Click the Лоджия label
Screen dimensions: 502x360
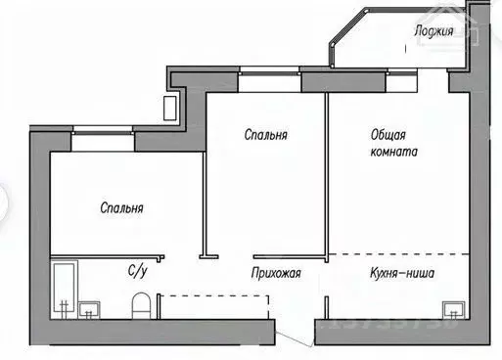pyautogui.click(x=434, y=32)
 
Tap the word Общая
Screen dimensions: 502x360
pyautogui.click(x=388, y=135)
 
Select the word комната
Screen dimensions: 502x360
pyautogui.click(x=394, y=152)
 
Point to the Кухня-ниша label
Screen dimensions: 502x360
pyautogui.click(x=402, y=273)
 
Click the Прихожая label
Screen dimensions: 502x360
pyautogui.click(x=276, y=273)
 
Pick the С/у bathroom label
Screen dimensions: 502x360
pyautogui.click(x=137, y=271)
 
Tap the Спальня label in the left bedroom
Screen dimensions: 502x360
pyautogui.click(x=121, y=208)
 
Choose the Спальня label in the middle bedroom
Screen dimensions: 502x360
pyautogui.click(x=266, y=135)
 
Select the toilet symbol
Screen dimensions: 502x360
pyautogui.click(x=141, y=305)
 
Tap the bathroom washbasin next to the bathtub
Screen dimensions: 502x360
pyautogui.click(x=89, y=310)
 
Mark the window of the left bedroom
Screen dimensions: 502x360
pyautogui.click(x=103, y=131)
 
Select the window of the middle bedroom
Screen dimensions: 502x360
pyautogui.click(x=269, y=71)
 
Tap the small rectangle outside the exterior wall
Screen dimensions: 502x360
pyautogui.click(x=170, y=108)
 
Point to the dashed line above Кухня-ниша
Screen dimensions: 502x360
pyautogui.click(x=398, y=253)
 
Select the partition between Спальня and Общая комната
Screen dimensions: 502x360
pyautogui.click(x=326, y=177)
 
